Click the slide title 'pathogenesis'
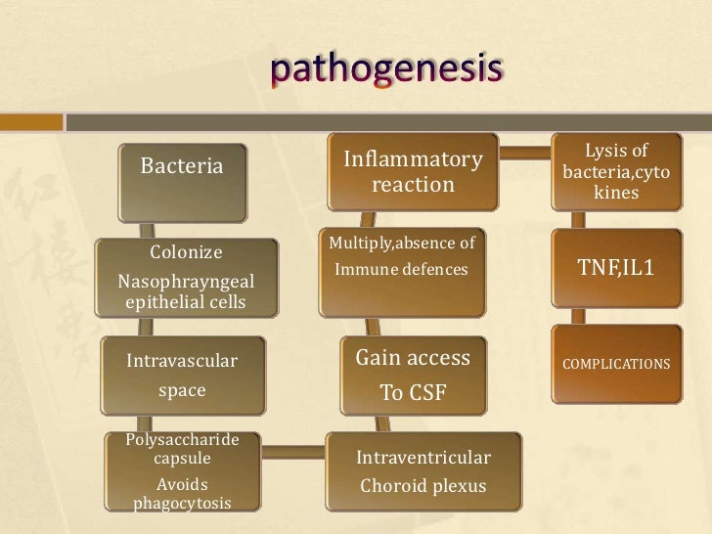pyautogui.click(x=387, y=70)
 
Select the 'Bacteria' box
pyautogui.click(x=182, y=166)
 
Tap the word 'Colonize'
pyautogui.click(x=185, y=252)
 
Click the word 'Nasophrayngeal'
pyautogui.click(x=185, y=282)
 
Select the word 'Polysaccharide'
pyautogui.click(x=182, y=439)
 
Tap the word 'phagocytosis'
pyautogui.click(x=182, y=503)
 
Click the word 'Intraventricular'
pyautogui.click(x=423, y=458)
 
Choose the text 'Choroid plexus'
pyautogui.click(x=423, y=485)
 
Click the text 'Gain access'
pyautogui.click(x=412, y=358)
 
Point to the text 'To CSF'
pyautogui.click(x=412, y=395)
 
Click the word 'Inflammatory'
pyautogui.click(x=412, y=157)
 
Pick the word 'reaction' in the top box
pyautogui.click(x=412, y=185)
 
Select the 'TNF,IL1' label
pyautogui.click(x=615, y=267)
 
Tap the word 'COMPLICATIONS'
pyautogui.click(x=615, y=364)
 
